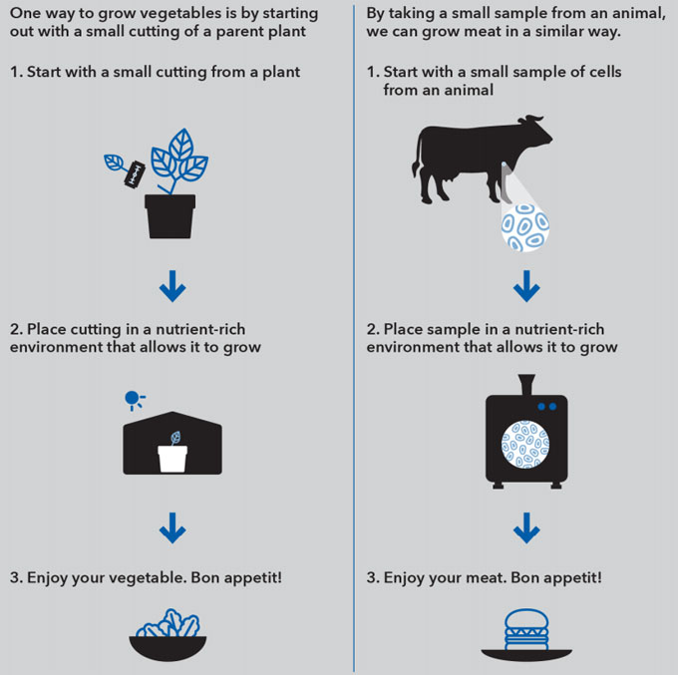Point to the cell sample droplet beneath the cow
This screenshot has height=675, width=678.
pyautogui.click(x=523, y=224)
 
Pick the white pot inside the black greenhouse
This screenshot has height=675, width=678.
pyautogui.click(x=172, y=458)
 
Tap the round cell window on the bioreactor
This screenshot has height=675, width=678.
pyautogui.click(x=525, y=445)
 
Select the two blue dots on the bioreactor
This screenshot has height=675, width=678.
pyautogui.click(x=546, y=407)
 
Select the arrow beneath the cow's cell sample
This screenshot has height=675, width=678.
pyautogui.click(x=525, y=289)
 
